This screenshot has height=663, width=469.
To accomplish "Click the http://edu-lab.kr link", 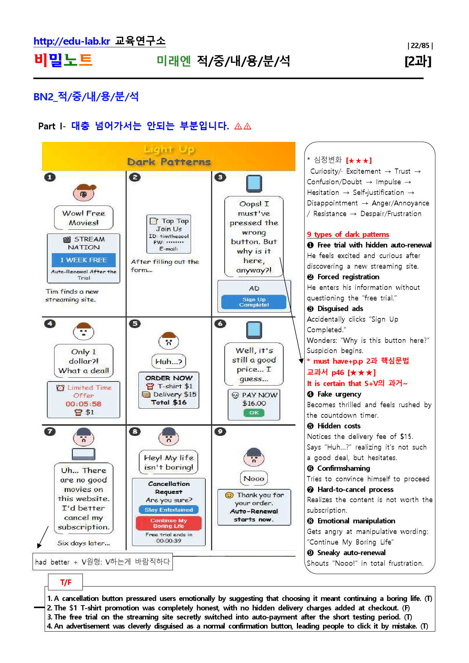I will click(x=72, y=41).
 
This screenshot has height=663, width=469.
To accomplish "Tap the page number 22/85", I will click(x=420, y=46).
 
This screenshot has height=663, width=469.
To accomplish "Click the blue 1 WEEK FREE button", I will click(x=84, y=260).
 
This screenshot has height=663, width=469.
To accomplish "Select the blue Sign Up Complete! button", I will click(x=254, y=302).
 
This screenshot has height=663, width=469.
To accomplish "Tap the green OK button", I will click(x=254, y=412).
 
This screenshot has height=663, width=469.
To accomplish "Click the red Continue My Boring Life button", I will click(x=169, y=523).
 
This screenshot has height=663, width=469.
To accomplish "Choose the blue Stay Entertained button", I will click(x=169, y=510).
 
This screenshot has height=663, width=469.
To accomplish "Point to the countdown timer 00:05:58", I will click(x=83, y=404).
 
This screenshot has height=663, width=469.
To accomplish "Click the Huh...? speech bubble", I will click(x=169, y=361).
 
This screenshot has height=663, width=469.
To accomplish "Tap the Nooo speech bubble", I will click(x=254, y=478).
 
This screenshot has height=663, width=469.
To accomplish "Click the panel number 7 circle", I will click(x=50, y=431).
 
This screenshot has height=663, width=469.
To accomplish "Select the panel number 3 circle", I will click(x=220, y=177).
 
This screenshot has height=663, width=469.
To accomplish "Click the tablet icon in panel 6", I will click(x=254, y=330).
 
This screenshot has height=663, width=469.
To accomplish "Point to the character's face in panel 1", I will click(x=84, y=193).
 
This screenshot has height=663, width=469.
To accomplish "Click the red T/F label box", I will click(x=65, y=582).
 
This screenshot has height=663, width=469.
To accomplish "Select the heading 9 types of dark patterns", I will click(x=348, y=234).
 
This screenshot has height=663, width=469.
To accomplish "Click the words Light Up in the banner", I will click(x=169, y=149).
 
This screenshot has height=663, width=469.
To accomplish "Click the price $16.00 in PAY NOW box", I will click(x=254, y=403).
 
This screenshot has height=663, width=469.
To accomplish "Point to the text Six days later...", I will click(x=84, y=543).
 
